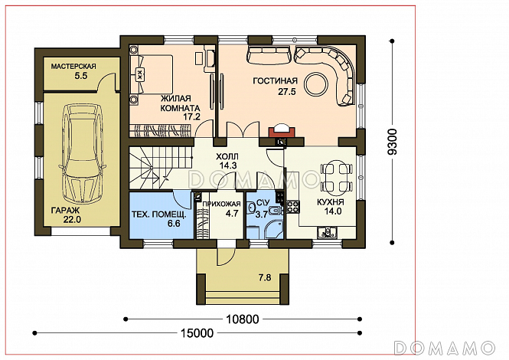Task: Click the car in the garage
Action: pyautogui.click(x=82, y=153)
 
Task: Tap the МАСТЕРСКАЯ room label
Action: pyautogui.click(x=73, y=67)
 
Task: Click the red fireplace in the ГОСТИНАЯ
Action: pyautogui.click(x=282, y=132)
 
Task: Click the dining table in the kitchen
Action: pyautogui.click(x=336, y=178)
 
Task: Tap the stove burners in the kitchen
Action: pyautogui.click(x=292, y=208)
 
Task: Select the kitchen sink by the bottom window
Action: pyautogui.click(x=328, y=233)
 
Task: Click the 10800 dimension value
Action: pyautogui.click(x=243, y=319)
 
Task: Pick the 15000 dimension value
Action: pyautogui.click(x=197, y=333)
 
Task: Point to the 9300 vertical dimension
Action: pyautogui.click(x=393, y=142)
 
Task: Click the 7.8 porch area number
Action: pyautogui.click(x=265, y=278)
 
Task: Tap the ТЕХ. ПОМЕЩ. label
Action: pyautogui.click(x=159, y=214)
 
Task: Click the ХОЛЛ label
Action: pyautogui.click(x=227, y=156)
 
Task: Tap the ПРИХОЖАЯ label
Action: pyautogui.click(x=222, y=204)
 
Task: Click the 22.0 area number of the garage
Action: pyautogui.click(x=72, y=220)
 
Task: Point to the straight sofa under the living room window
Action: pyautogui.click(x=269, y=55)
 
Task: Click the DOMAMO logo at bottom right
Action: pyautogui.click(x=444, y=348)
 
